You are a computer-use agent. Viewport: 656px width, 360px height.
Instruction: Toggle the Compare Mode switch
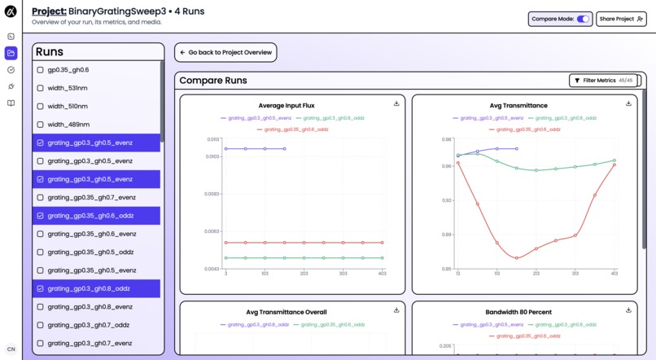pyautogui.click(x=583, y=19)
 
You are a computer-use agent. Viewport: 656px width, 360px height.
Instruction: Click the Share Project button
pyautogui.click(x=621, y=19)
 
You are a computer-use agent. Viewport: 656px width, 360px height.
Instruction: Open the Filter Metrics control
pyautogui.click(x=605, y=81)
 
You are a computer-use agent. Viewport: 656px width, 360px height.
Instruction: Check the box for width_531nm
pyautogui.click(x=41, y=88)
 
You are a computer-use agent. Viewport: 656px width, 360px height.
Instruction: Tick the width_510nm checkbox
pyautogui.click(x=41, y=107)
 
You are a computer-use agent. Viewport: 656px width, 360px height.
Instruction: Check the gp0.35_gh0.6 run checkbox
pyautogui.click(x=41, y=70)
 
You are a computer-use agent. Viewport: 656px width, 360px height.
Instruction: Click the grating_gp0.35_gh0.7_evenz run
pyautogui.click(x=91, y=198)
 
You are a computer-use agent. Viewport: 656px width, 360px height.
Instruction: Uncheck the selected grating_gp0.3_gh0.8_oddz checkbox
pyautogui.click(x=41, y=288)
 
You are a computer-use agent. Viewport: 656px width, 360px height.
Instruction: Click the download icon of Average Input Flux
pyautogui.click(x=396, y=103)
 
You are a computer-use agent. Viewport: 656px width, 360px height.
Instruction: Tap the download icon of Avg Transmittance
pyautogui.click(x=628, y=103)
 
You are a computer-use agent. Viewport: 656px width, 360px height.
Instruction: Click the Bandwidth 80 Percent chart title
pyautogui.click(x=518, y=312)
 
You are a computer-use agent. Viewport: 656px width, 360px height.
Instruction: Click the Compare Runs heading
pyautogui.click(x=213, y=81)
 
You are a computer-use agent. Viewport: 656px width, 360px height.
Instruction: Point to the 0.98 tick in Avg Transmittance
pyautogui.click(x=447, y=139)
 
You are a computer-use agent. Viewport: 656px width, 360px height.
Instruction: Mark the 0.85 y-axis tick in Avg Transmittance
pyautogui.click(x=447, y=269)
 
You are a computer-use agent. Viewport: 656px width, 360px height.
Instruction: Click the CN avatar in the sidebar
pyautogui.click(x=11, y=349)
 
